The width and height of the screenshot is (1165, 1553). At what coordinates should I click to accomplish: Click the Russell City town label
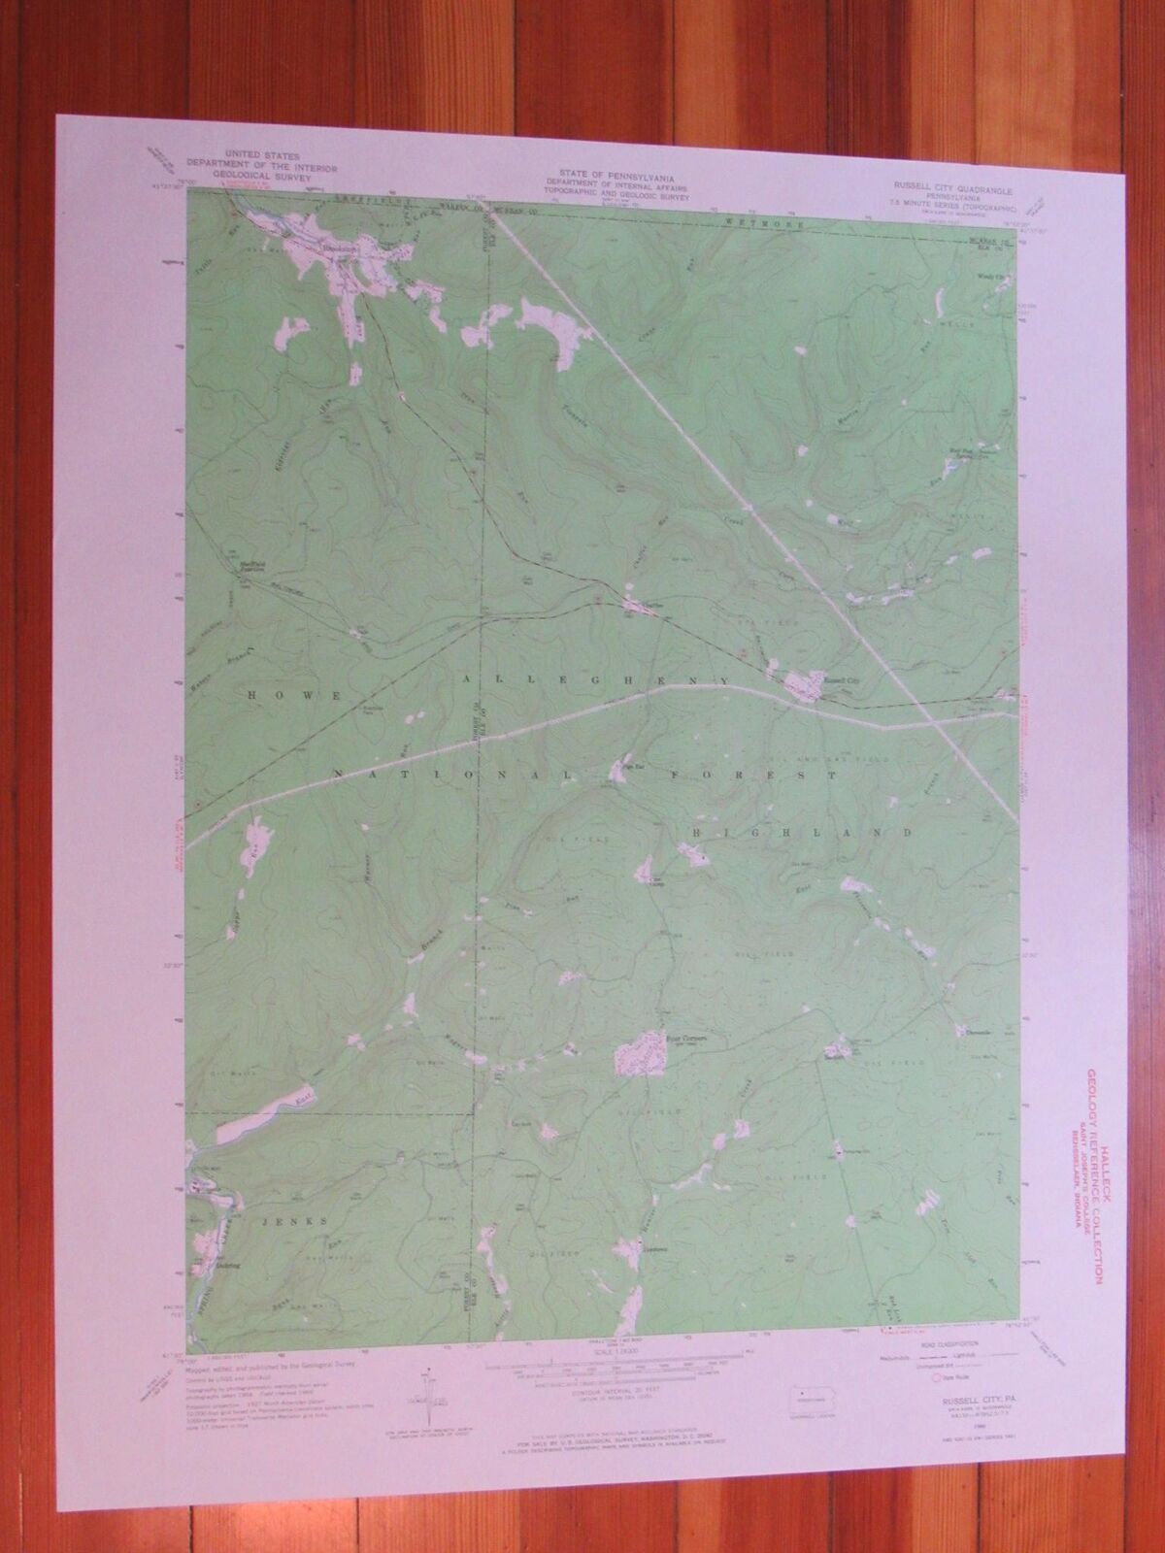830,680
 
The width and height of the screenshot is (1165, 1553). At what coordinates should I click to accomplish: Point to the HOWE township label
287,695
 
